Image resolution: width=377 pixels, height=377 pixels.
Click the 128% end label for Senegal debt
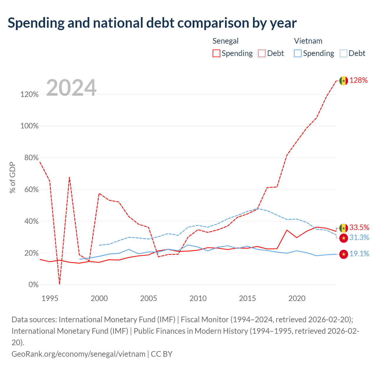pyautogui.click(x=358, y=80)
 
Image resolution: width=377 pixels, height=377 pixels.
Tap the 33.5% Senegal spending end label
pyautogui.click(x=359, y=227)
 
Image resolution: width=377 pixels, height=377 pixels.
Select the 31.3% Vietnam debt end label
pyautogui.click(x=359, y=237)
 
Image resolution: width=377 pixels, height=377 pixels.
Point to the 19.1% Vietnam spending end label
pyautogui.click(x=359, y=254)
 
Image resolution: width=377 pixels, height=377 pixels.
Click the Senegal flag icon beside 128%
pyautogui.click(x=343, y=81)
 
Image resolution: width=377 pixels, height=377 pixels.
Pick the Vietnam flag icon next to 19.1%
pyautogui.click(x=343, y=254)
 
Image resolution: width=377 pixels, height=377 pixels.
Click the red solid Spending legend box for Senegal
pyautogui.click(x=216, y=53)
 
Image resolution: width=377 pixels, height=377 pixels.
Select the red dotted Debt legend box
pyautogui.click(x=262, y=53)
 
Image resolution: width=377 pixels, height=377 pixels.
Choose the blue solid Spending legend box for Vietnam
pyautogui.click(x=297, y=53)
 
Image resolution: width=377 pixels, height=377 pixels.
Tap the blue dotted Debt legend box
pyautogui.click(x=343, y=53)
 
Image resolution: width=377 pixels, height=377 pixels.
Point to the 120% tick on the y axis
pyautogui.click(x=29, y=94)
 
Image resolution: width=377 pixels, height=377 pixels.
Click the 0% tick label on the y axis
pyautogui.click(x=34, y=285)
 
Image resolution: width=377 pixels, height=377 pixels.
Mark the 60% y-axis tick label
pyautogui.click(x=32, y=189)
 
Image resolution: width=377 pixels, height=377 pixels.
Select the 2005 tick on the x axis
pyautogui.click(x=149, y=298)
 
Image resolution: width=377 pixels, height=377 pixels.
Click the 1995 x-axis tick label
pyautogui.click(x=50, y=298)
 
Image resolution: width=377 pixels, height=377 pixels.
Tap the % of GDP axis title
pyautogui.click(x=12, y=177)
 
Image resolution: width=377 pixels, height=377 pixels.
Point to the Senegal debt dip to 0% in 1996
pyautogui.click(x=59, y=284)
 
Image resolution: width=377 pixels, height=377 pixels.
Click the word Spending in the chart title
pyautogui.click(x=36, y=23)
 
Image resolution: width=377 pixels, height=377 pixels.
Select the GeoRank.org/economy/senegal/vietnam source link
pyautogui.click(x=78, y=354)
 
